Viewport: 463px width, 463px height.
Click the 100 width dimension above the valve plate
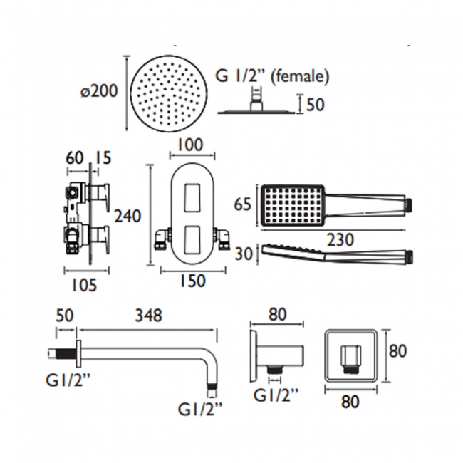[x=190, y=145]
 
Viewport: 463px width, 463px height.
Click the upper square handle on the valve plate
[x=190, y=197]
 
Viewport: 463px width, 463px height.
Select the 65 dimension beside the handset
[x=244, y=205]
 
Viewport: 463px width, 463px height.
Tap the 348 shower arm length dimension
[x=148, y=314]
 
